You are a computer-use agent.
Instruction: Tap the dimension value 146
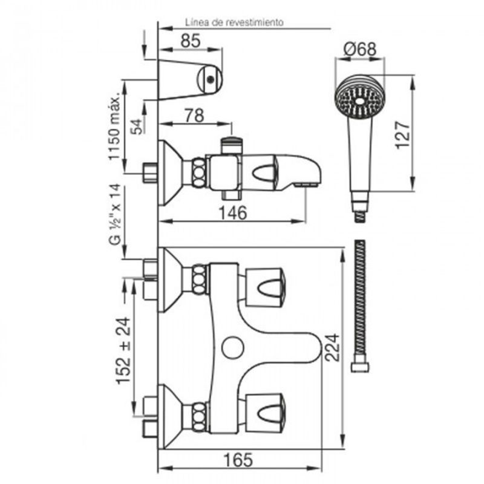(x=234, y=212)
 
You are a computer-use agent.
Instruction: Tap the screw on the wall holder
(x=209, y=77)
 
